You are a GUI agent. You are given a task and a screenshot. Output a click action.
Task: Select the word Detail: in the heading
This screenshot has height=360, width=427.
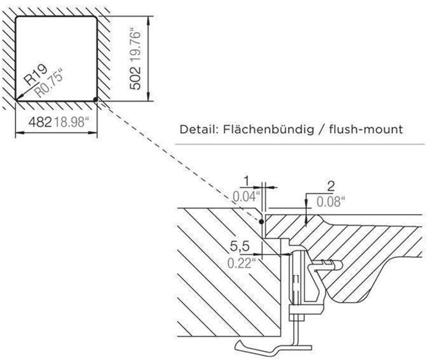pos(199,130)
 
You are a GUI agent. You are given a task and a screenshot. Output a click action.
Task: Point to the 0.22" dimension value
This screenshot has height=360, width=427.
pos(241,263)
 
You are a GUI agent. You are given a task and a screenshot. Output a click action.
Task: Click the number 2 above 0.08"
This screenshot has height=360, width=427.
pos(331,187)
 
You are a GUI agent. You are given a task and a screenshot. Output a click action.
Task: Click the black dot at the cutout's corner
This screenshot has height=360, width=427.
pos(94,99)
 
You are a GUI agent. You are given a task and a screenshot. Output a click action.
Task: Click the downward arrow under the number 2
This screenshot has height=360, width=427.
pos(307,218)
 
